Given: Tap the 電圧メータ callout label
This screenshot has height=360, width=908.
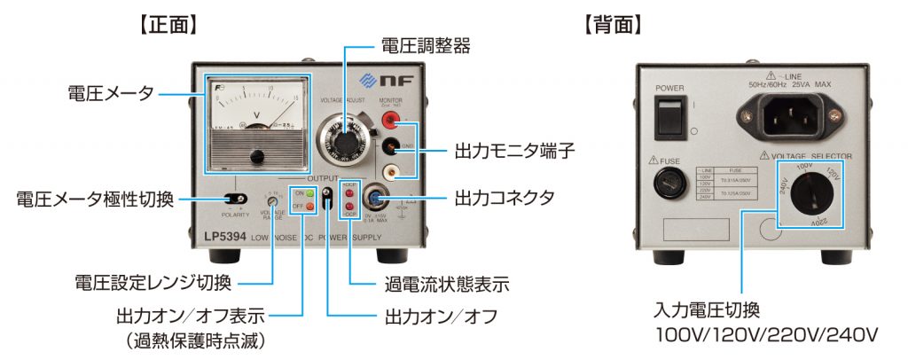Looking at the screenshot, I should pyautogui.click(x=112, y=92).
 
